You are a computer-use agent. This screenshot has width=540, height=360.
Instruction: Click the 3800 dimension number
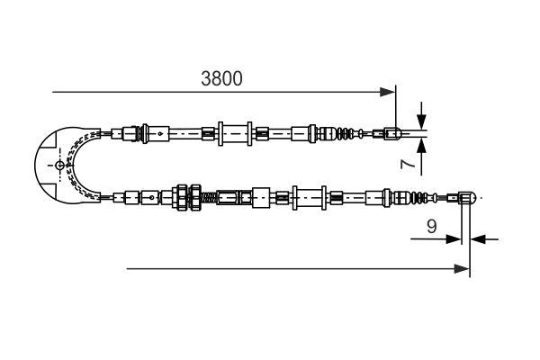click(221, 79)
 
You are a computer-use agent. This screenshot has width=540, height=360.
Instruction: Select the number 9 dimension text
click(432, 229)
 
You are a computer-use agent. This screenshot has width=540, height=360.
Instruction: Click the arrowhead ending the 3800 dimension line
click(389, 91)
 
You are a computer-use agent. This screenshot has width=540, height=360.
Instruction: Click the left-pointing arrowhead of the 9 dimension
click(478, 239)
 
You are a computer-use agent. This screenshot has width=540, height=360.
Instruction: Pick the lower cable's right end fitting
click(466, 196)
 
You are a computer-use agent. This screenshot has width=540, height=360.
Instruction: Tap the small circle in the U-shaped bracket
click(60, 166)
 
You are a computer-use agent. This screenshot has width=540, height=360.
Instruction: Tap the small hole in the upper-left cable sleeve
click(158, 134)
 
